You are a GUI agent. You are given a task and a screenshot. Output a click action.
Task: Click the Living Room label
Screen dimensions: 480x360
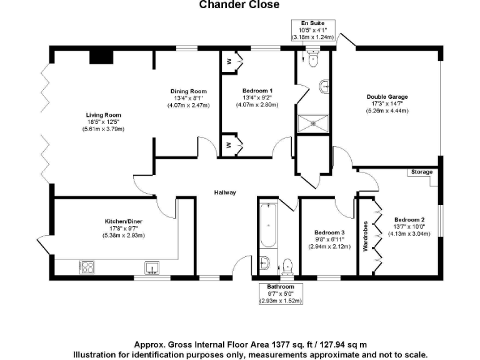click(x=104, y=115)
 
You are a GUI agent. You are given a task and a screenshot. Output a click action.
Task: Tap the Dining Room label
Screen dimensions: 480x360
click(x=189, y=91)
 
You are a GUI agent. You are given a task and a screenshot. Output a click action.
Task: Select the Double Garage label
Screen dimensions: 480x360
click(x=387, y=97)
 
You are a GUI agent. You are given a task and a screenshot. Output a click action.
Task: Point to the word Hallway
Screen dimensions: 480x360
click(x=225, y=192)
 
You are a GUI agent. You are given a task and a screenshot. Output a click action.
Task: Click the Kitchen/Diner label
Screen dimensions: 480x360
click(x=124, y=221)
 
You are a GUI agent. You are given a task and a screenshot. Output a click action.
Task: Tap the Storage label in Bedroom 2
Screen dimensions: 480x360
click(x=422, y=172)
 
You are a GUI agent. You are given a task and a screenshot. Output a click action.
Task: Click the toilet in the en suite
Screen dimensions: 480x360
click(x=314, y=58)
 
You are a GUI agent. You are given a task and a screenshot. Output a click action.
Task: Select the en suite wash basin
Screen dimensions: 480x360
click(x=324, y=86)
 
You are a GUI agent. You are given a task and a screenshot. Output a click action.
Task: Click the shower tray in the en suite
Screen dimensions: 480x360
click(x=313, y=124)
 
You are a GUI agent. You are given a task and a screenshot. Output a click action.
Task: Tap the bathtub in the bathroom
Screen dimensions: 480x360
click(x=269, y=225)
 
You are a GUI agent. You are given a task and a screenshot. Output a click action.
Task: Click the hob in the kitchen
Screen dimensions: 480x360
click(x=87, y=267)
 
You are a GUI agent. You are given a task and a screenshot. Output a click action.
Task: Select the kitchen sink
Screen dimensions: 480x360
click(x=152, y=268)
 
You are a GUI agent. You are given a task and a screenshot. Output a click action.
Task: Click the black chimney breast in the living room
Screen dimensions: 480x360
click(x=101, y=57)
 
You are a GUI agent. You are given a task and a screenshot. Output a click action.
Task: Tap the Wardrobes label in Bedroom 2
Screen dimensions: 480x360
click(x=365, y=236)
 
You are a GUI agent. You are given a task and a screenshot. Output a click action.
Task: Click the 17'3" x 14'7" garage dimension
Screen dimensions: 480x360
click(x=387, y=104)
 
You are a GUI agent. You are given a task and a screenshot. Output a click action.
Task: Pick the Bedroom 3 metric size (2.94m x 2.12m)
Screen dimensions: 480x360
click(x=329, y=246)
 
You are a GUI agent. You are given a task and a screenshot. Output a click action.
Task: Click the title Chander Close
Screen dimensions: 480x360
click(x=239, y=4)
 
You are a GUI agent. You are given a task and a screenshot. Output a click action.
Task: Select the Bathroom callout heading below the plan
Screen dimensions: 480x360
click(x=281, y=287)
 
